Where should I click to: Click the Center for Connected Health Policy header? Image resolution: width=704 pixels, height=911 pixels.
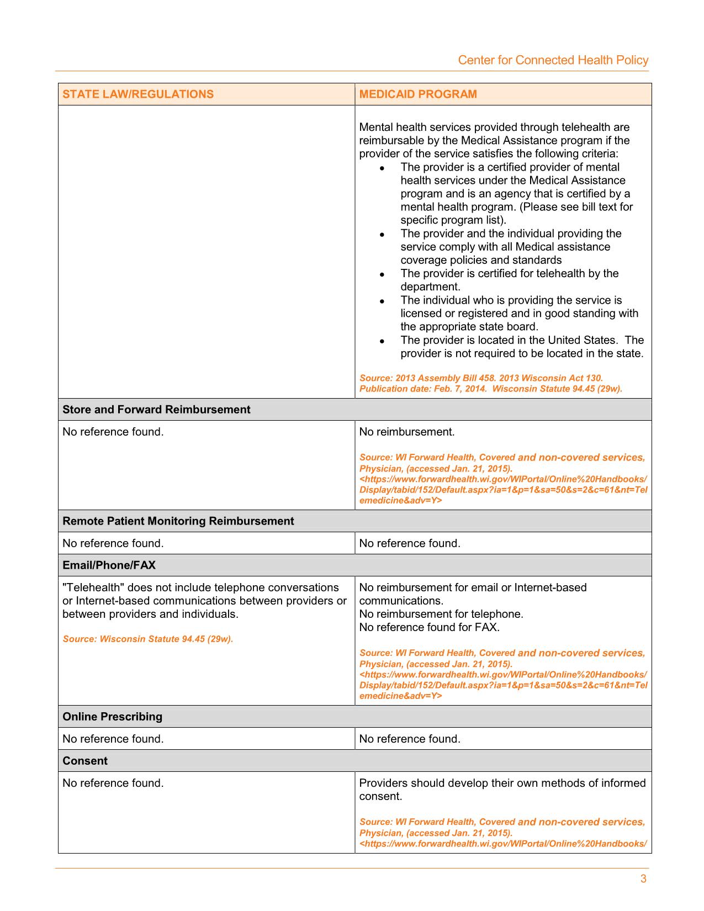point(553,60)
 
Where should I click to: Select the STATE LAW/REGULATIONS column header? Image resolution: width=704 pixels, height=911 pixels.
point(138,94)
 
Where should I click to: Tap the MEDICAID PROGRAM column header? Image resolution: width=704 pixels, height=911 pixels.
point(418,94)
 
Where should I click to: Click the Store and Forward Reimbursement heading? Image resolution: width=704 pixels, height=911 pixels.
point(156,410)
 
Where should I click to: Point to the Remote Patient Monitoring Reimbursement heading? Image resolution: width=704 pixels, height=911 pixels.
point(178,521)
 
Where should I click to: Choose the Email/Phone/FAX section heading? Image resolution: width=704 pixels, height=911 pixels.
point(109,565)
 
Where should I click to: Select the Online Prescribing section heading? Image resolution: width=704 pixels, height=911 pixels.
point(113,717)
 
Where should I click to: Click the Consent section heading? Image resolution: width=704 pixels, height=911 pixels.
point(85,761)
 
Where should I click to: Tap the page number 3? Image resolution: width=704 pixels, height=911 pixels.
point(643,879)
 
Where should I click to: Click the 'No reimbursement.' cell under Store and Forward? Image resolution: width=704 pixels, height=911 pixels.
point(407,432)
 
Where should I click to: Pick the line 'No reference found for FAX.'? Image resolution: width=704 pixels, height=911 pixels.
point(429,627)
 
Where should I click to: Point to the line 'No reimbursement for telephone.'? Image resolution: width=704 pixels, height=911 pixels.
point(441,614)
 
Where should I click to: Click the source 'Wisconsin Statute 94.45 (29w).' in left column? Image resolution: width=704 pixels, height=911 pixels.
point(148,639)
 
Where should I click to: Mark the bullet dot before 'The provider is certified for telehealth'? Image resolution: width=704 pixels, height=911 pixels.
point(382,274)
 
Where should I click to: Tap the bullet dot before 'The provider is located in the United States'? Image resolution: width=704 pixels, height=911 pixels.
point(382,341)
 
